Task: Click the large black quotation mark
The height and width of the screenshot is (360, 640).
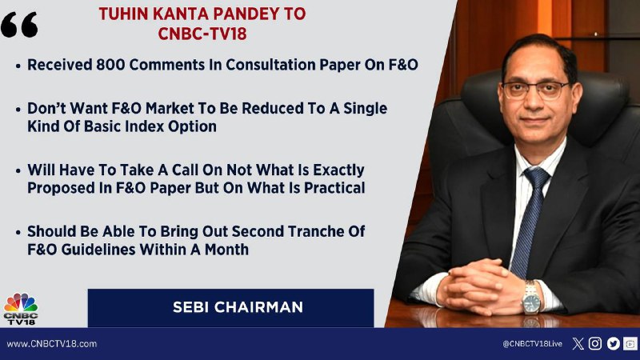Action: pyautogui.click(x=19, y=25)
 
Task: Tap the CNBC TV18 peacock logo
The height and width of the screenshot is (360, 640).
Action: pyautogui.click(x=21, y=309)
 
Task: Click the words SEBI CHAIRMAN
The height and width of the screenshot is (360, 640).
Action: pyautogui.click(x=238, y=307)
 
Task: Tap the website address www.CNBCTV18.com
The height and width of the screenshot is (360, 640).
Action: pyautogui.click(x=52, y=344)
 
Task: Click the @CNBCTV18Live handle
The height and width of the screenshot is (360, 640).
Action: pyautogui.click(x=532, y=344)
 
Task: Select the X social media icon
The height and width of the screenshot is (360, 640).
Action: pyautogui.click(x=578, y=344)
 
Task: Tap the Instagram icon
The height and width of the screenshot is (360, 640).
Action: pyautogui.click(x=595, y=344)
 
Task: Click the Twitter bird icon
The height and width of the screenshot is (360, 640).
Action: pyautogui.click(x=613, y=344)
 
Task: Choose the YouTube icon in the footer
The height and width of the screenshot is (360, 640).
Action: pyautogui.click(x=630, y=344)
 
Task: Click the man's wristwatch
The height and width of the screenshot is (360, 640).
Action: pyautogui.click(x=532, y=298)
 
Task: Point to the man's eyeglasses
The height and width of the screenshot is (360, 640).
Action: pyautogui.click(x=535, y=90)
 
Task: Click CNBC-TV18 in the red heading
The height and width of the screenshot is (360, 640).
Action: pyautogui.click(x=202, y=34)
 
